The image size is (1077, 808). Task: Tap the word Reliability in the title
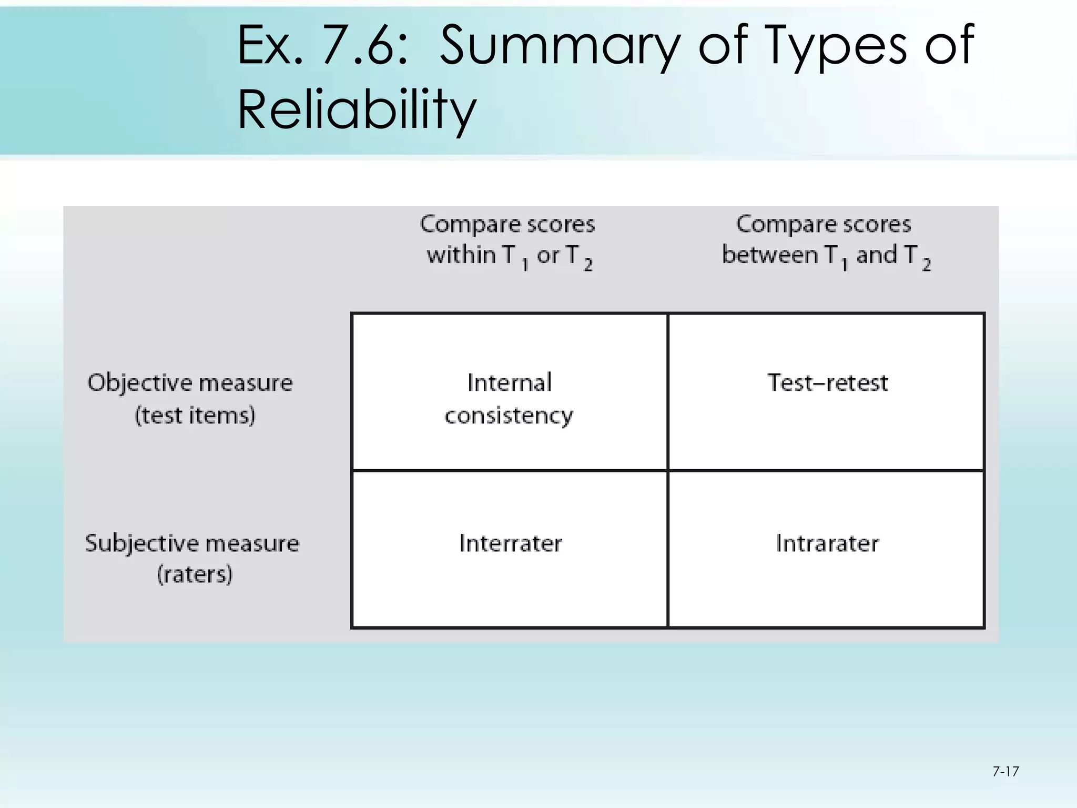tap(357, 109)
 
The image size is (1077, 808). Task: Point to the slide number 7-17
tap(1005, 772)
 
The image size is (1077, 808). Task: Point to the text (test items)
tap(195, 416)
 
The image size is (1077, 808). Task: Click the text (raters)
tap(195, 574)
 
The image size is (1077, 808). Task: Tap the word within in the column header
tap(461, 255)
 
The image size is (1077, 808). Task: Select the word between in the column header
tap(770, 255)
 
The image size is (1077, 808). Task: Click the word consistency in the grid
tap(509, 416)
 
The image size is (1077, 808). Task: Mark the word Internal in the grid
tap(509, 382)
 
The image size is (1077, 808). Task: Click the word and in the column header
tap(876, 255)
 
